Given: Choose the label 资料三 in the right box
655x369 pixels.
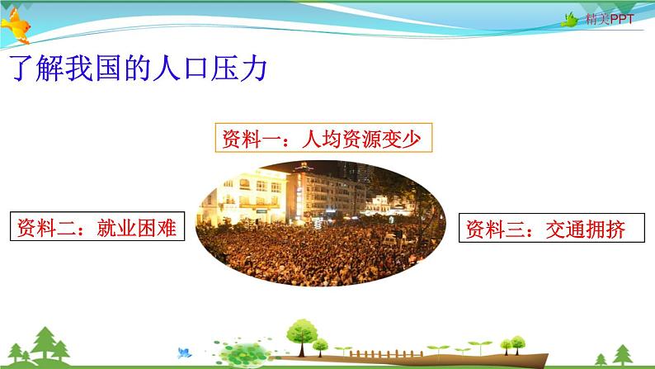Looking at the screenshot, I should click(x=494, y=229).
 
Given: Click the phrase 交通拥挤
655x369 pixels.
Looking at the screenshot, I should click(x=592, y=229).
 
